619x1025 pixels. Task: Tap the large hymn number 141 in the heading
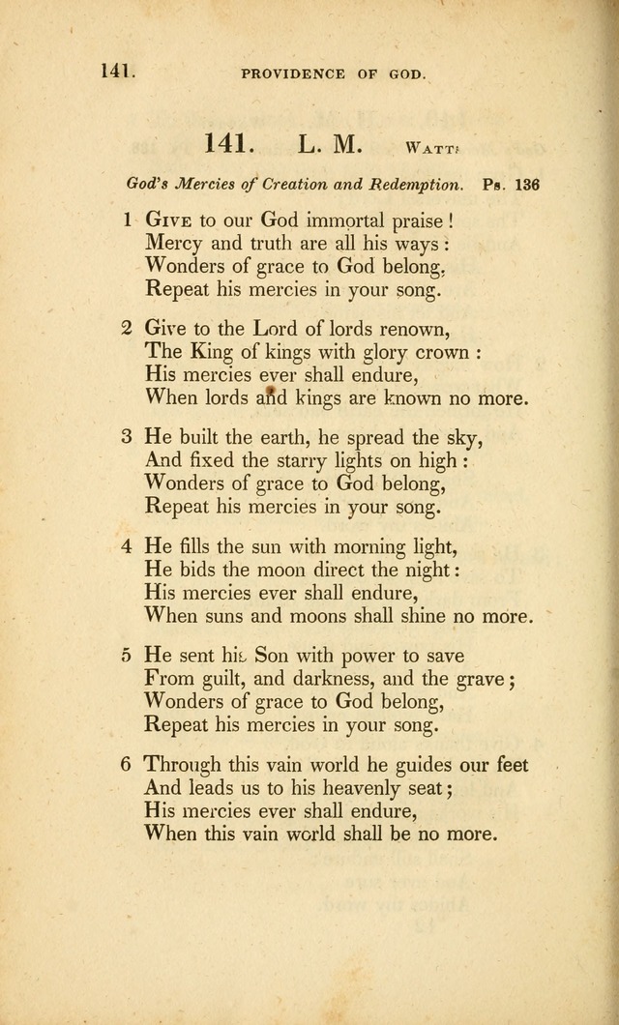coord(229,144)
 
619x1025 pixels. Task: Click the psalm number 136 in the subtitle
coord(527,185)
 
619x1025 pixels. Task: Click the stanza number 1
coord(127,220)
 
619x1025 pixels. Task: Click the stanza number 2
coord(127,327)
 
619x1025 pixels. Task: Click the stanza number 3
coord(127,436)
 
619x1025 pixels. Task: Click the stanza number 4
coord(127,545)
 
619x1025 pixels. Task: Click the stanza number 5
coord(127,655)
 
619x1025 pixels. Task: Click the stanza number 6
coord(127,764)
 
